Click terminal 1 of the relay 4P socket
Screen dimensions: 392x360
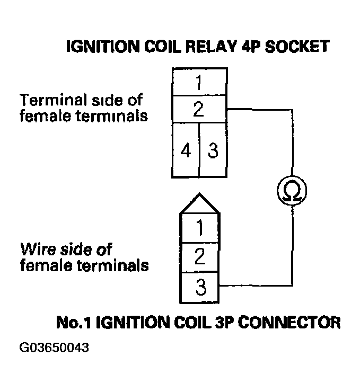[198, 83]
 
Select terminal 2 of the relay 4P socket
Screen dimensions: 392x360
[198, 110]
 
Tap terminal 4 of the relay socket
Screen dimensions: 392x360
[186, 150]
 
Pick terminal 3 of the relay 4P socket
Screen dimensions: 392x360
[213, 150]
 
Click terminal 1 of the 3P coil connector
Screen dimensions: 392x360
[199, 228]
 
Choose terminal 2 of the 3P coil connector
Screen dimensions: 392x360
[199, 257]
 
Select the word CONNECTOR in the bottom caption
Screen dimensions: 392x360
[288, 322]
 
